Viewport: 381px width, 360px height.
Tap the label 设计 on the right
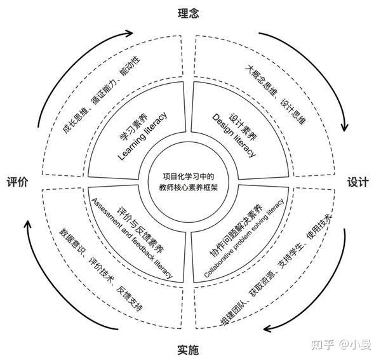click(358, 182)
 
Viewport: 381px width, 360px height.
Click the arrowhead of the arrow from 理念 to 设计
click(345, 124)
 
